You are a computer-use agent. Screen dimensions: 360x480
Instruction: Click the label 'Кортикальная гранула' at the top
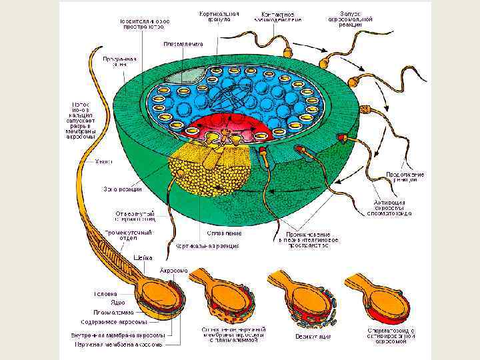pos(215,16)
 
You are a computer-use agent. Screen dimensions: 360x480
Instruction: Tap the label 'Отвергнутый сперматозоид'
pos(136,216)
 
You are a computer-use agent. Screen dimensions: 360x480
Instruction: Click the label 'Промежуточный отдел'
pos(131,235)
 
